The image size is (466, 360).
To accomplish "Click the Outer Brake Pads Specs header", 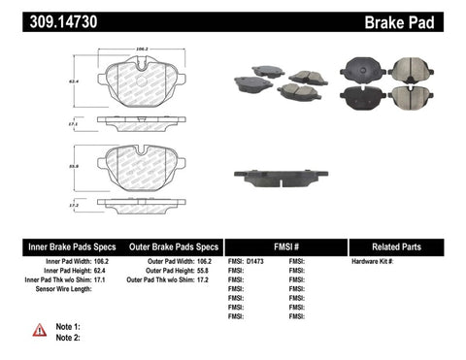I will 171,246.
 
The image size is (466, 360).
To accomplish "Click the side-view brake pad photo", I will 281,176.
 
